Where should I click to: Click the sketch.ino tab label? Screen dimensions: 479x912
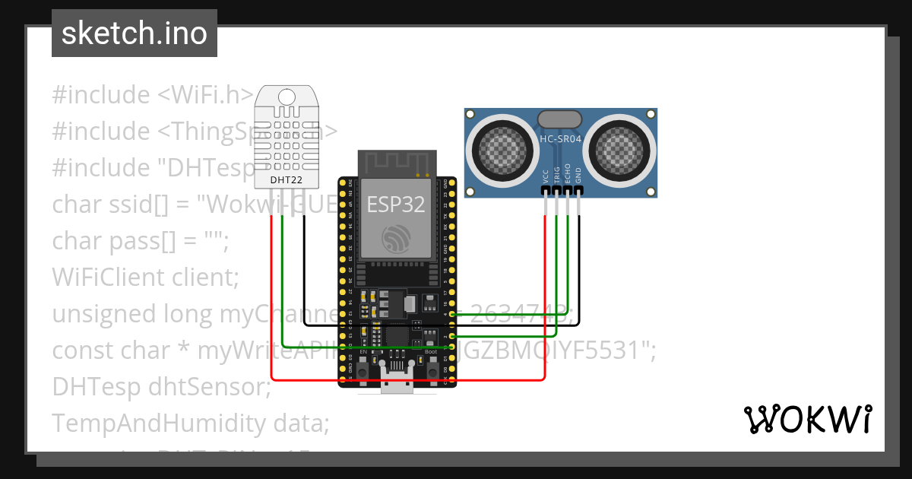134,33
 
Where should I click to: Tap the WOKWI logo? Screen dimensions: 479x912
807,419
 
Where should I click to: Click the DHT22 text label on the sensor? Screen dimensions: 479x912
287,179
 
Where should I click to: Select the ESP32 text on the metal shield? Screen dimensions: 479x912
396,204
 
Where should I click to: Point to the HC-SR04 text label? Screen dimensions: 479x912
560,138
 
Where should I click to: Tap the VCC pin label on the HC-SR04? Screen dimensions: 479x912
546,176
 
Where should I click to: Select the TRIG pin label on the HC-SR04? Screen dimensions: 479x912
557,176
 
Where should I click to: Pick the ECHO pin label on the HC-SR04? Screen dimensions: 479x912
568,176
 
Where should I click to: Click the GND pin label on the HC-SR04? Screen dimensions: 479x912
578,176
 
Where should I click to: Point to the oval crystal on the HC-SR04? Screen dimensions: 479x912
560,119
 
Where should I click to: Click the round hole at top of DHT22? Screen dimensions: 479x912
287,97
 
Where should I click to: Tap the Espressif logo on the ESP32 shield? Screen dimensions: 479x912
396,240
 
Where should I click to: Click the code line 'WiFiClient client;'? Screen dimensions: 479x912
145,278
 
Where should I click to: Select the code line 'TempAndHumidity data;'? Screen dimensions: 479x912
190,423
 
